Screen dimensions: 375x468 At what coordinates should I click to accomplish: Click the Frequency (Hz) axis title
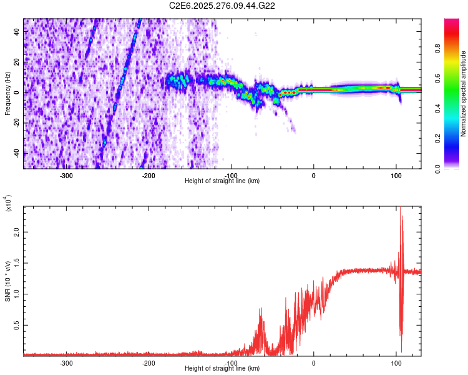[7, 94]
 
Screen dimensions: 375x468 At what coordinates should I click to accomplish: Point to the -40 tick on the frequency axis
[16, 152]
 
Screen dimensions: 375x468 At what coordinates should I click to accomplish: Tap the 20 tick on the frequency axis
[17, 62]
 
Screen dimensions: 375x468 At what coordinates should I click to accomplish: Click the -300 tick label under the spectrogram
[67, 175]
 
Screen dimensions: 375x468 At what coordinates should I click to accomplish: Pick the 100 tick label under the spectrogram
[396, 175]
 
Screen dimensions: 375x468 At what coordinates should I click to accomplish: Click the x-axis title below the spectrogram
[223, 181]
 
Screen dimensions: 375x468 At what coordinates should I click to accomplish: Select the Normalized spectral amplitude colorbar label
[464, 94]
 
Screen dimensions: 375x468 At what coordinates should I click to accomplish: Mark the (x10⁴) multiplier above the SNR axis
[7, 203]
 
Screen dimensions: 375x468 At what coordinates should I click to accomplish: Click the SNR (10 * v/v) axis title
[7, 281]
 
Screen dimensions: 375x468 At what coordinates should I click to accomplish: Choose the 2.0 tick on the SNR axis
[16, 231]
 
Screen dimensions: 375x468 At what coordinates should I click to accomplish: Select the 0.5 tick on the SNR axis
[16, 325]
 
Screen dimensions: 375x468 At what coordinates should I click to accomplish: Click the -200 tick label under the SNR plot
[149, 362]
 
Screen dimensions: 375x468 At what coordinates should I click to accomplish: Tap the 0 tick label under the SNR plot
[313, 362]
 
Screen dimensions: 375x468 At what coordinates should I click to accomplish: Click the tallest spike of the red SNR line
[400, 209]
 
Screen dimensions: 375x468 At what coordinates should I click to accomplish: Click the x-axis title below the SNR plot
[223, 369]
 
